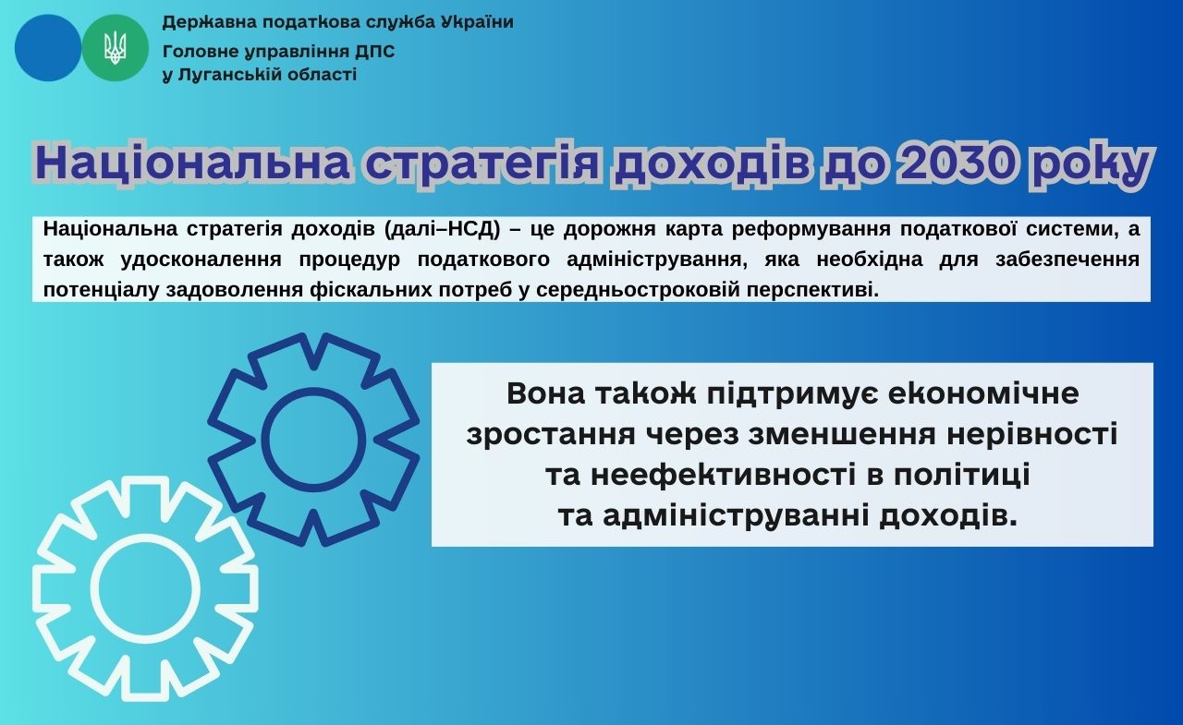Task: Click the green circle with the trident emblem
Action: [116, 47]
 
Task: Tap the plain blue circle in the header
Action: [48, 47]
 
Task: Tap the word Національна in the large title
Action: [192, 163]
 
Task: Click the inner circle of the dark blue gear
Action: [313, 440]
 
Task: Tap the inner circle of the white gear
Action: [145, 586]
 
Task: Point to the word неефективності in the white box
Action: [723, 475]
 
